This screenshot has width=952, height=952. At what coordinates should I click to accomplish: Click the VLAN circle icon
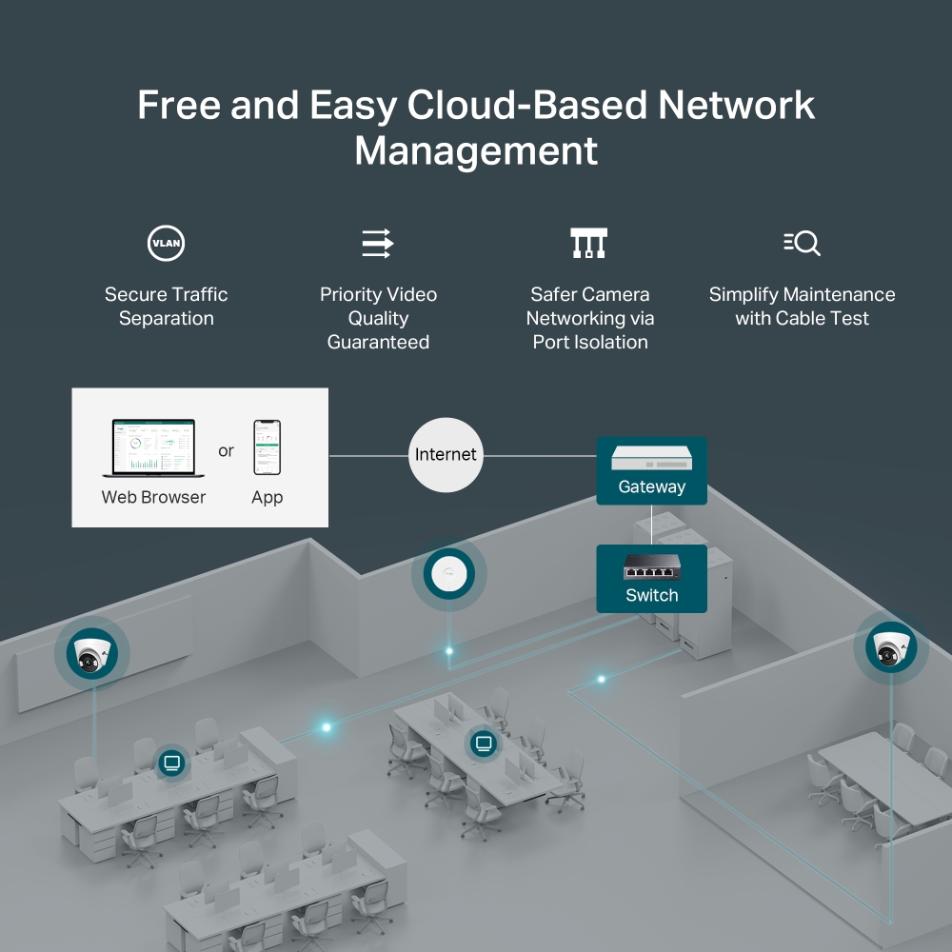(166, 244)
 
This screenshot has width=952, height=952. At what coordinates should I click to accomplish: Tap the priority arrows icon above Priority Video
(378, 243)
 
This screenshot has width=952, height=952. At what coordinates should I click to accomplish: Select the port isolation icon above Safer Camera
(588, 243)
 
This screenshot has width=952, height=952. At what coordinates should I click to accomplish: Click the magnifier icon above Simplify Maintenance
(802, 243)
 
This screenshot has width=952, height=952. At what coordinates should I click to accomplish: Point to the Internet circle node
(445, 455)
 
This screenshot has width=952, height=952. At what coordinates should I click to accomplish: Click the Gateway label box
(651, 470)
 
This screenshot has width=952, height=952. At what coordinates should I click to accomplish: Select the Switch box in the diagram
(651, 579)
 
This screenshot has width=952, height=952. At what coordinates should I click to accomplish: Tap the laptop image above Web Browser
(149, 448)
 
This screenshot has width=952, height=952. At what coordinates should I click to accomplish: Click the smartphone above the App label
(267, 447)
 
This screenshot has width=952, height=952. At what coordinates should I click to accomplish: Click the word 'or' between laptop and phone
(226, 450)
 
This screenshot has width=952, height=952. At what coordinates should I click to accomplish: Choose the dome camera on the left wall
(92, 652)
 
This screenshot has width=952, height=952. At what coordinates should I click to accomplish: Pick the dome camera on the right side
(891, 649)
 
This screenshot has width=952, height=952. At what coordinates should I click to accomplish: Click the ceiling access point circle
(448, 575)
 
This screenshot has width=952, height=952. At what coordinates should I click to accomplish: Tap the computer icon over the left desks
(171, 762)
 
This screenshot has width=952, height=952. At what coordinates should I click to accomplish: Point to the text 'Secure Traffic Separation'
(167, 307)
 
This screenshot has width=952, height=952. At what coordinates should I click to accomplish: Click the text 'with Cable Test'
(802, 319)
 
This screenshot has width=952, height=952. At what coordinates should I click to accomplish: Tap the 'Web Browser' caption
(153, 497)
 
